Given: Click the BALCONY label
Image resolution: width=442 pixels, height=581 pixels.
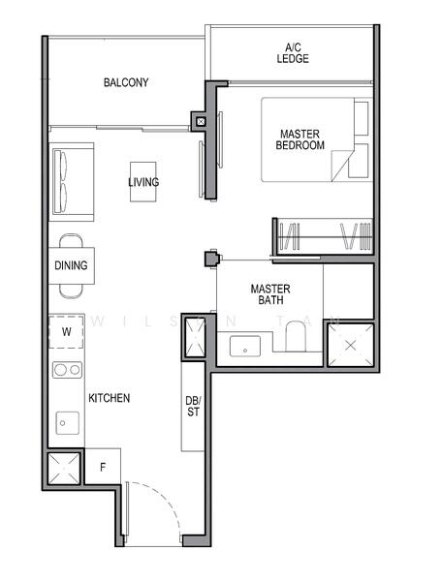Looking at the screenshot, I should point(126,83).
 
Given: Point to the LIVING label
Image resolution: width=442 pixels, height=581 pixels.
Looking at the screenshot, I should point(143,182).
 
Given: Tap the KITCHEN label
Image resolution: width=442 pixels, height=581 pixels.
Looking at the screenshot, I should point(110,398).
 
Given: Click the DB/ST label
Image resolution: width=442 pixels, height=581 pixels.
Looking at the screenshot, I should point(193,408).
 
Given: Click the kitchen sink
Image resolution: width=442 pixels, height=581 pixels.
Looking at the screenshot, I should point(67,421).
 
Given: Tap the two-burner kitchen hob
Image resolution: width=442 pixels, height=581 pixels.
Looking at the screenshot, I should point(66,369).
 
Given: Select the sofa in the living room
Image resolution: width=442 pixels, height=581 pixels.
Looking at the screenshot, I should point(71,183).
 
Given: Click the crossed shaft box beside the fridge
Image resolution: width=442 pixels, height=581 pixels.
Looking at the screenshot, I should point(65,472).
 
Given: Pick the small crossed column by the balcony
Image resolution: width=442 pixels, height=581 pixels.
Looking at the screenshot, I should point(200,122).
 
